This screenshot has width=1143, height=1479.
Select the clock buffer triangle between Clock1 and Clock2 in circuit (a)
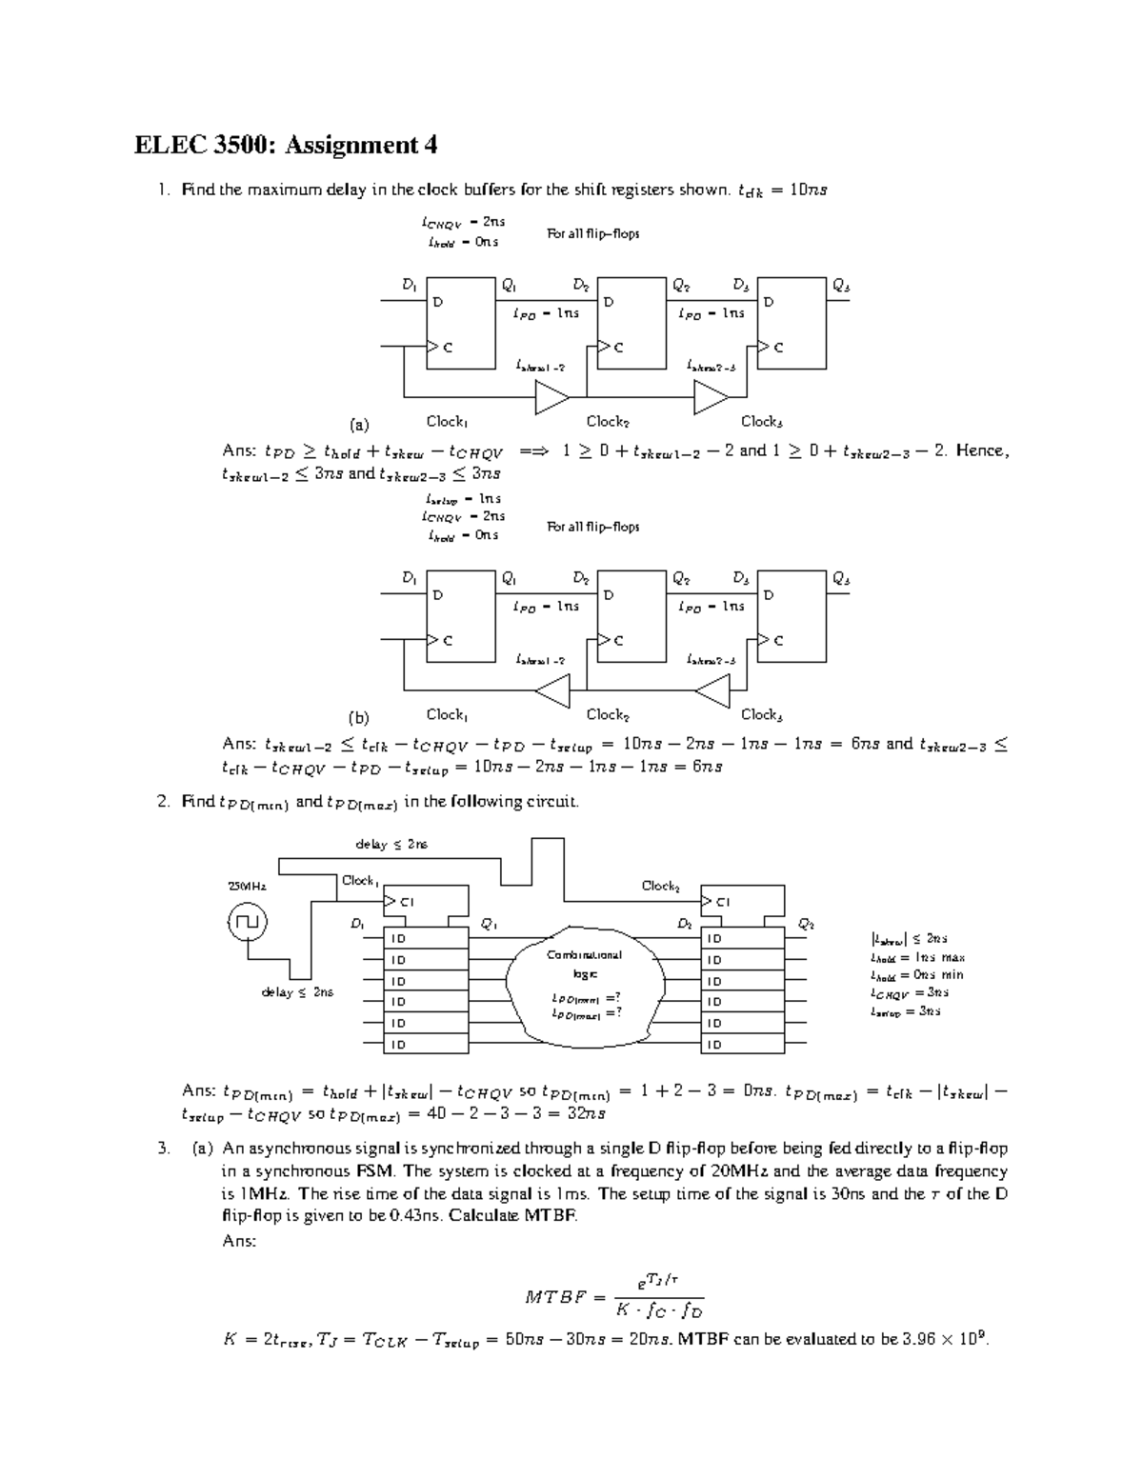[551, 397]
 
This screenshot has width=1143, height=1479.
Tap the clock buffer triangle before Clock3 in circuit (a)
[711, 397]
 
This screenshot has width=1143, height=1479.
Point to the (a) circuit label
[358, 425]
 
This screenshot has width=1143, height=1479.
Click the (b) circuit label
[358, 717]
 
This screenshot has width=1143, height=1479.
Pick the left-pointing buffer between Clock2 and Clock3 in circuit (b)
[712, 690]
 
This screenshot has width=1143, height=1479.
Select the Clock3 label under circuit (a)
[762, 421]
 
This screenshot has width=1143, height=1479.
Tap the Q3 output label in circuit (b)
[840, 578]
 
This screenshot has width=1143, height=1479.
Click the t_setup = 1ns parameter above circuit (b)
[462, 499]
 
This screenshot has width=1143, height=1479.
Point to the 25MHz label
[246, 886]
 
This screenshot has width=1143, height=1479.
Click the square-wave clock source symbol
[248, 921]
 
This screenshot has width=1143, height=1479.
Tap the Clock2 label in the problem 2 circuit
[660, 886]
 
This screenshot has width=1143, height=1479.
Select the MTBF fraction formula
[614, 1295]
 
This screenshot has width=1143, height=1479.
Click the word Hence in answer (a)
[982, 450]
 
